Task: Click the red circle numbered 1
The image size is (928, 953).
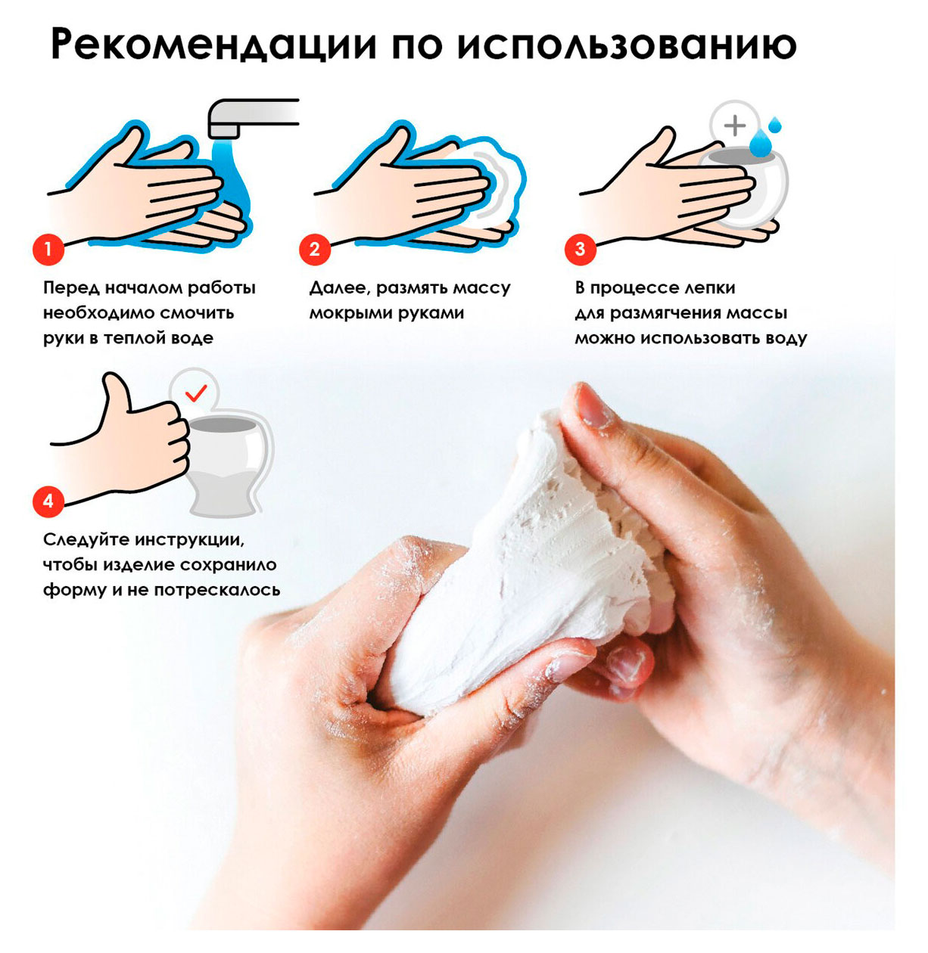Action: (x=48, y=249)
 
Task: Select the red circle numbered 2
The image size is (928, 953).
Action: (x=314, y=249)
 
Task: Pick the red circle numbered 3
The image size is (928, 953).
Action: (x=580, y=249)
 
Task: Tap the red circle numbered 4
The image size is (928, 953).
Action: (x=48, y=501)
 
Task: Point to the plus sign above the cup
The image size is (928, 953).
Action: (x=734, y=125)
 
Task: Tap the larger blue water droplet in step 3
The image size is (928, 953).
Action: (x=760, y=141)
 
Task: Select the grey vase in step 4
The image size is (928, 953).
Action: (x=227, y=461)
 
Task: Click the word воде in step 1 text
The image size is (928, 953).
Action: (x=192, y=338)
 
